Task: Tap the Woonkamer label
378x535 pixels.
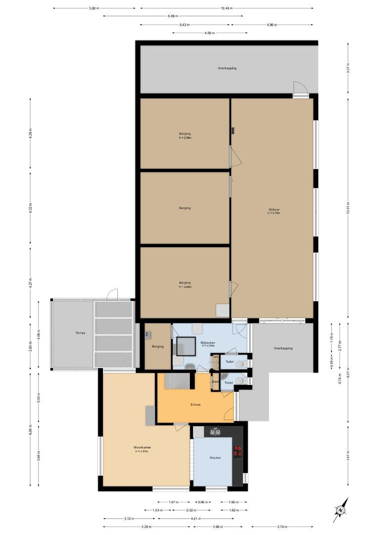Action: coord(142,447)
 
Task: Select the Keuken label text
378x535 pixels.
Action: coord(215,457)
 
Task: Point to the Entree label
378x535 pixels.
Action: coord(195,405)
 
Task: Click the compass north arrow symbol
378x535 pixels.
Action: coord(341,510)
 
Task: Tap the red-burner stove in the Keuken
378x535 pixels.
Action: coord(237,451)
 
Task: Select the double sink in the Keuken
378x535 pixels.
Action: coord(216,432)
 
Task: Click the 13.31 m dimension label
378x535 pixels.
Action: coord(348,209)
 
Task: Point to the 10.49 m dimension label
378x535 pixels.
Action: coord(227,8)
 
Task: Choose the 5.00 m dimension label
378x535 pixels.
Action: coord(94,8)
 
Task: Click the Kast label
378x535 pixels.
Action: coord(215,381)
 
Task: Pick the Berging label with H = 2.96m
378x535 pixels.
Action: coord(185,135)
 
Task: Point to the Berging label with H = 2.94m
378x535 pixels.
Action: coord(185,284)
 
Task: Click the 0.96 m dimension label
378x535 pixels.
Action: coord(202,502)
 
